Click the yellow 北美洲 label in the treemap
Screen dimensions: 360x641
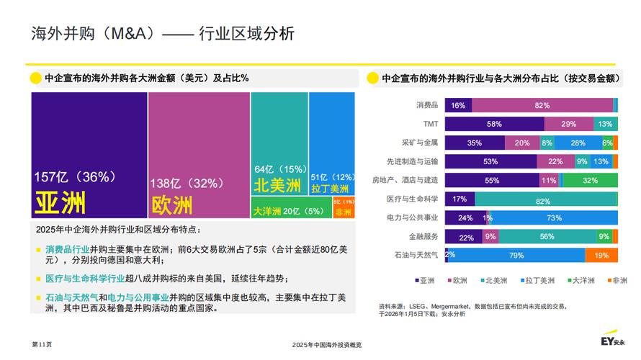click(277, 186)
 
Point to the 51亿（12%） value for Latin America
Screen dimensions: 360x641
click(333, 176)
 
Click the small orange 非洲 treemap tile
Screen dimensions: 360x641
click(344, 207)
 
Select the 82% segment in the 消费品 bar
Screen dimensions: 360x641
click(542, 105)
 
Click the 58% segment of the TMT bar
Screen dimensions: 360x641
click(494, 124)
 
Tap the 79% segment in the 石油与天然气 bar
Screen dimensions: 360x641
click(516, 254)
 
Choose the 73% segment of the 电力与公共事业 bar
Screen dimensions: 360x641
click(554, 217)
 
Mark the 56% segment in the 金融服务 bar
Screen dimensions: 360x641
click(547, 235)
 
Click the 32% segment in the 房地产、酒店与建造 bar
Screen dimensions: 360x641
click(590, 180)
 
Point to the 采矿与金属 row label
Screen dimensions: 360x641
click(420, 143)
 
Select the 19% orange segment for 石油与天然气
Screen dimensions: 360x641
click(601, 254)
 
